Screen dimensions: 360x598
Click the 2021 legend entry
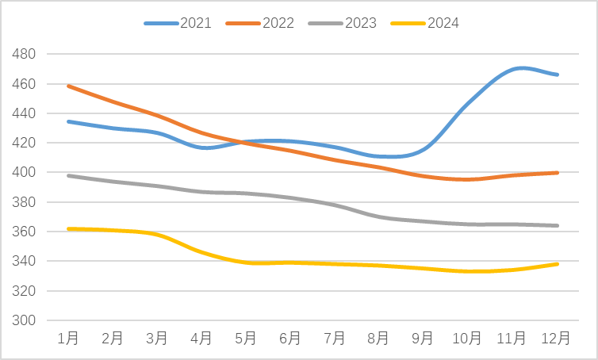pyautogui.click(x=178, y=23)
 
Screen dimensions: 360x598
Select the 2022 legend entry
pyautogui.click(x=260, y=23)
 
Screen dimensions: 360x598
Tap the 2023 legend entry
pyautogui.click(x=343, y=23)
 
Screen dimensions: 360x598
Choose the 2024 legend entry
pyautogui.click(x=425, y=23)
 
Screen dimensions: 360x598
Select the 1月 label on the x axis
pyautogui.click(x=68, y=339)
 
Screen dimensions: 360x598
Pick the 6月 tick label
pyautogui.click(x=290, y=339)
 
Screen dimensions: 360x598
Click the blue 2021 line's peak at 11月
pyautogui.click(x=519, y=68)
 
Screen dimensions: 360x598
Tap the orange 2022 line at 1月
pyautogui.click(x=69, y=86)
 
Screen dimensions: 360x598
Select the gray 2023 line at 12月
pyautogui.click(x=557, y=225)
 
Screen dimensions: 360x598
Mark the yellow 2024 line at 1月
pyautogui.click(x=69, y=228)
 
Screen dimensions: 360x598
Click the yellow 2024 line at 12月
pyautogui.click(x=557, y=264)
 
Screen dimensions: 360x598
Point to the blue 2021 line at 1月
pyautogui.click(x=69, y=121)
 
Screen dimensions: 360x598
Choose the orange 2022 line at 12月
pyautogui.click(x=557, y=173)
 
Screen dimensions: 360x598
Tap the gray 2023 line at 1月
pyautogui.click(x=69, y=175)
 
